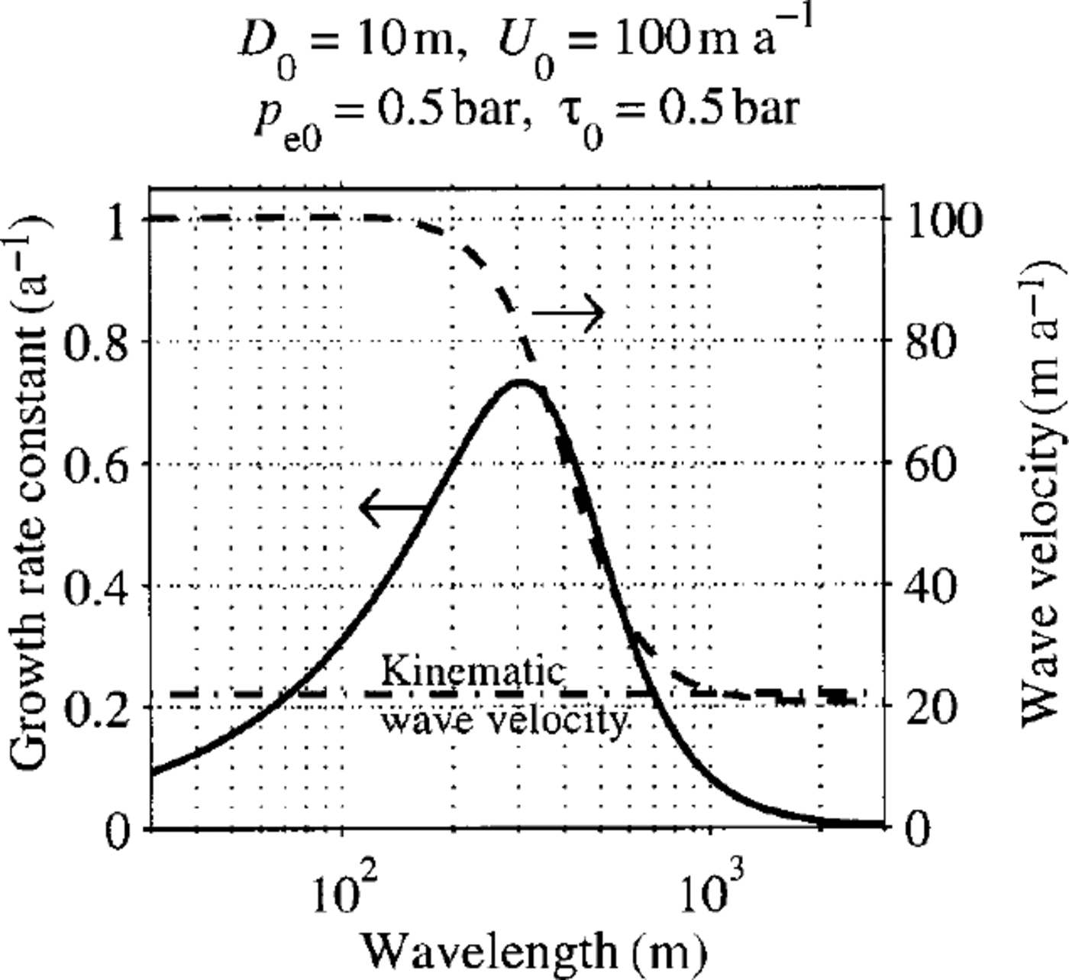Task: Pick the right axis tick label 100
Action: click(x=941, y=221)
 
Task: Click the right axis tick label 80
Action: click(x=929, y=341)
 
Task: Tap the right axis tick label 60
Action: click(x=929, y=464)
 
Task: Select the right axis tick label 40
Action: click(x=929, y=587)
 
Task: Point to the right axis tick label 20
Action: click(x=929, y=707)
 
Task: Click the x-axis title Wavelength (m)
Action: click(x=531, y=950)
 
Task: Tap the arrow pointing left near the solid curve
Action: click(x=393, y=507)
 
